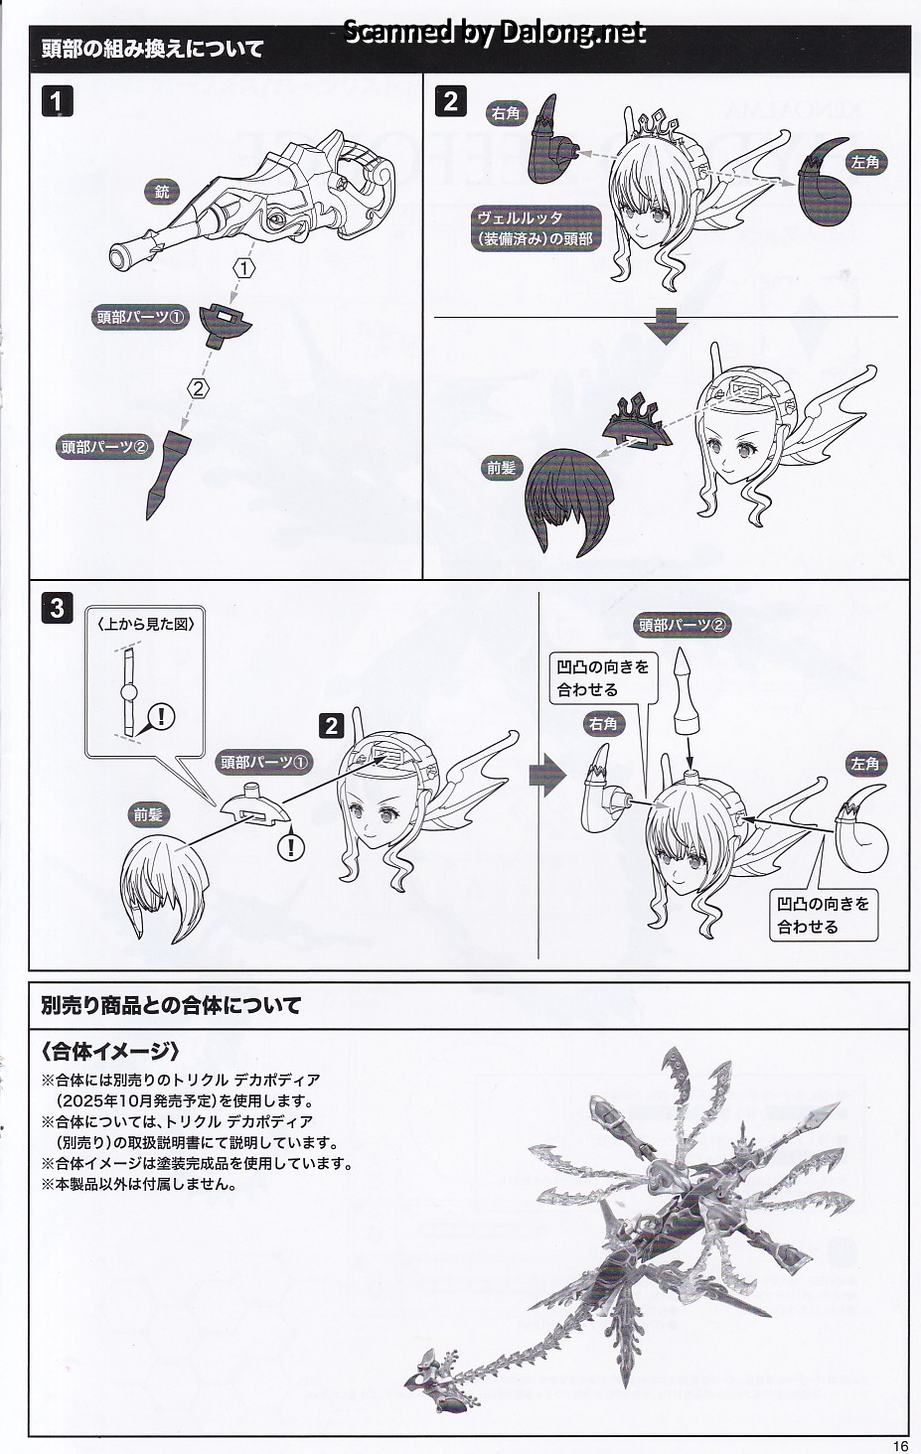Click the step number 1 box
pyautogui.click(x=58, y=102)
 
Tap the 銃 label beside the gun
pyautogui.click(x=162, y=191)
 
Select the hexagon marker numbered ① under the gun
pyautogui.click(x=243, y=268)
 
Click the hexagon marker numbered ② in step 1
pyautogui.click(x=199, y=388)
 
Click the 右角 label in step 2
pyautogui.click(x=506, y=113)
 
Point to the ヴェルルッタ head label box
pyautogui.click(x=536, y=227)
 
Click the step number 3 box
pyautogui.click(x=58, y=608)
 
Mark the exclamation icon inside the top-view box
pyautogui.click(x=162, y=717)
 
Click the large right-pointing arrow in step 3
pyautogui.click(x=547, y=776)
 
